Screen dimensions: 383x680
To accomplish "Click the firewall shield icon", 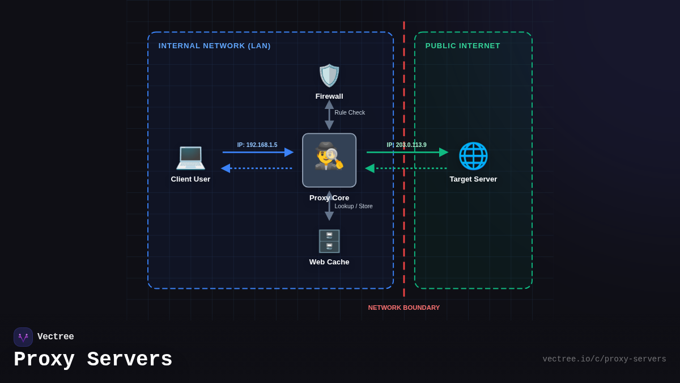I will tap(329, 75).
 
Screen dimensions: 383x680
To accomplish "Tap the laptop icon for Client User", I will tap(190, 157).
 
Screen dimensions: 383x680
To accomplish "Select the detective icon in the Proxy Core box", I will tap(329, 157).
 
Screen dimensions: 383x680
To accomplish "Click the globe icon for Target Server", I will tap(473, 156).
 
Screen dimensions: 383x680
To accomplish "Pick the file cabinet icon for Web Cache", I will tap(329, 241).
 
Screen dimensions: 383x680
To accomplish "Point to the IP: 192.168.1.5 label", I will tap(257, 145).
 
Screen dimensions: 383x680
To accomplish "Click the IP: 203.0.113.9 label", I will tap(406, 145).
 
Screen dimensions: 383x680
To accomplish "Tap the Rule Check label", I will tap(350, 112).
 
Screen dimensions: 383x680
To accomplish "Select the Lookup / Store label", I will tap(354, 206).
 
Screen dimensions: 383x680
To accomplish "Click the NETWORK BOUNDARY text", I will tap(404, 308).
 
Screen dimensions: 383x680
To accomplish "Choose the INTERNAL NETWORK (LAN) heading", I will tap(214, 45).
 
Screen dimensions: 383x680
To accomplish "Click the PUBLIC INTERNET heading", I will tap(462, 45).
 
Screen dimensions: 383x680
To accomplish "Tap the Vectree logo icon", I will tap(23, 337).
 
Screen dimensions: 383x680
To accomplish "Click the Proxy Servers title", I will tap(93, 360).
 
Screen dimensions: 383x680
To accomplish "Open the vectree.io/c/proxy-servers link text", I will tap(604, 359).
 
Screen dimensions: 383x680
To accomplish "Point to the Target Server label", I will tap(473, 179).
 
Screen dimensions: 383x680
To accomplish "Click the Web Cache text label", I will tap(329, 262).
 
